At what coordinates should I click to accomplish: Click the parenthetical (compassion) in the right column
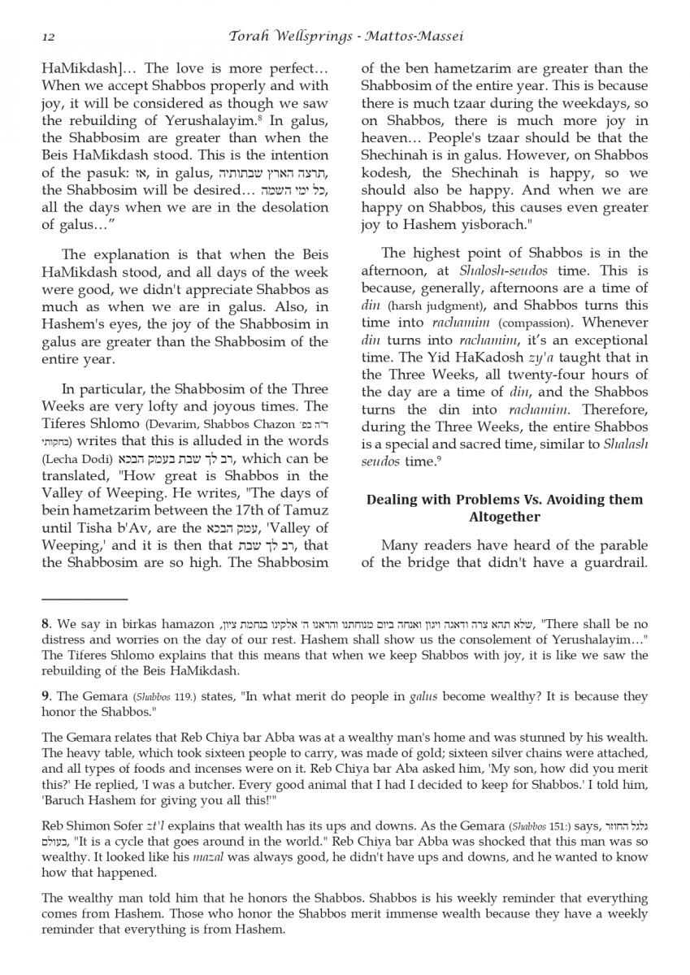534,323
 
